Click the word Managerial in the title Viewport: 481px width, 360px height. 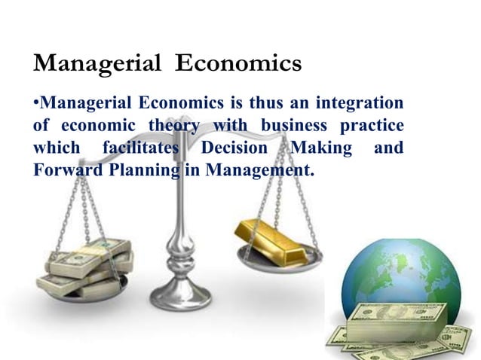click(97, 65)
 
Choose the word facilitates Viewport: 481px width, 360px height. click(142, 148)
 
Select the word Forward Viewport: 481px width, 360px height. click(63, 170)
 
